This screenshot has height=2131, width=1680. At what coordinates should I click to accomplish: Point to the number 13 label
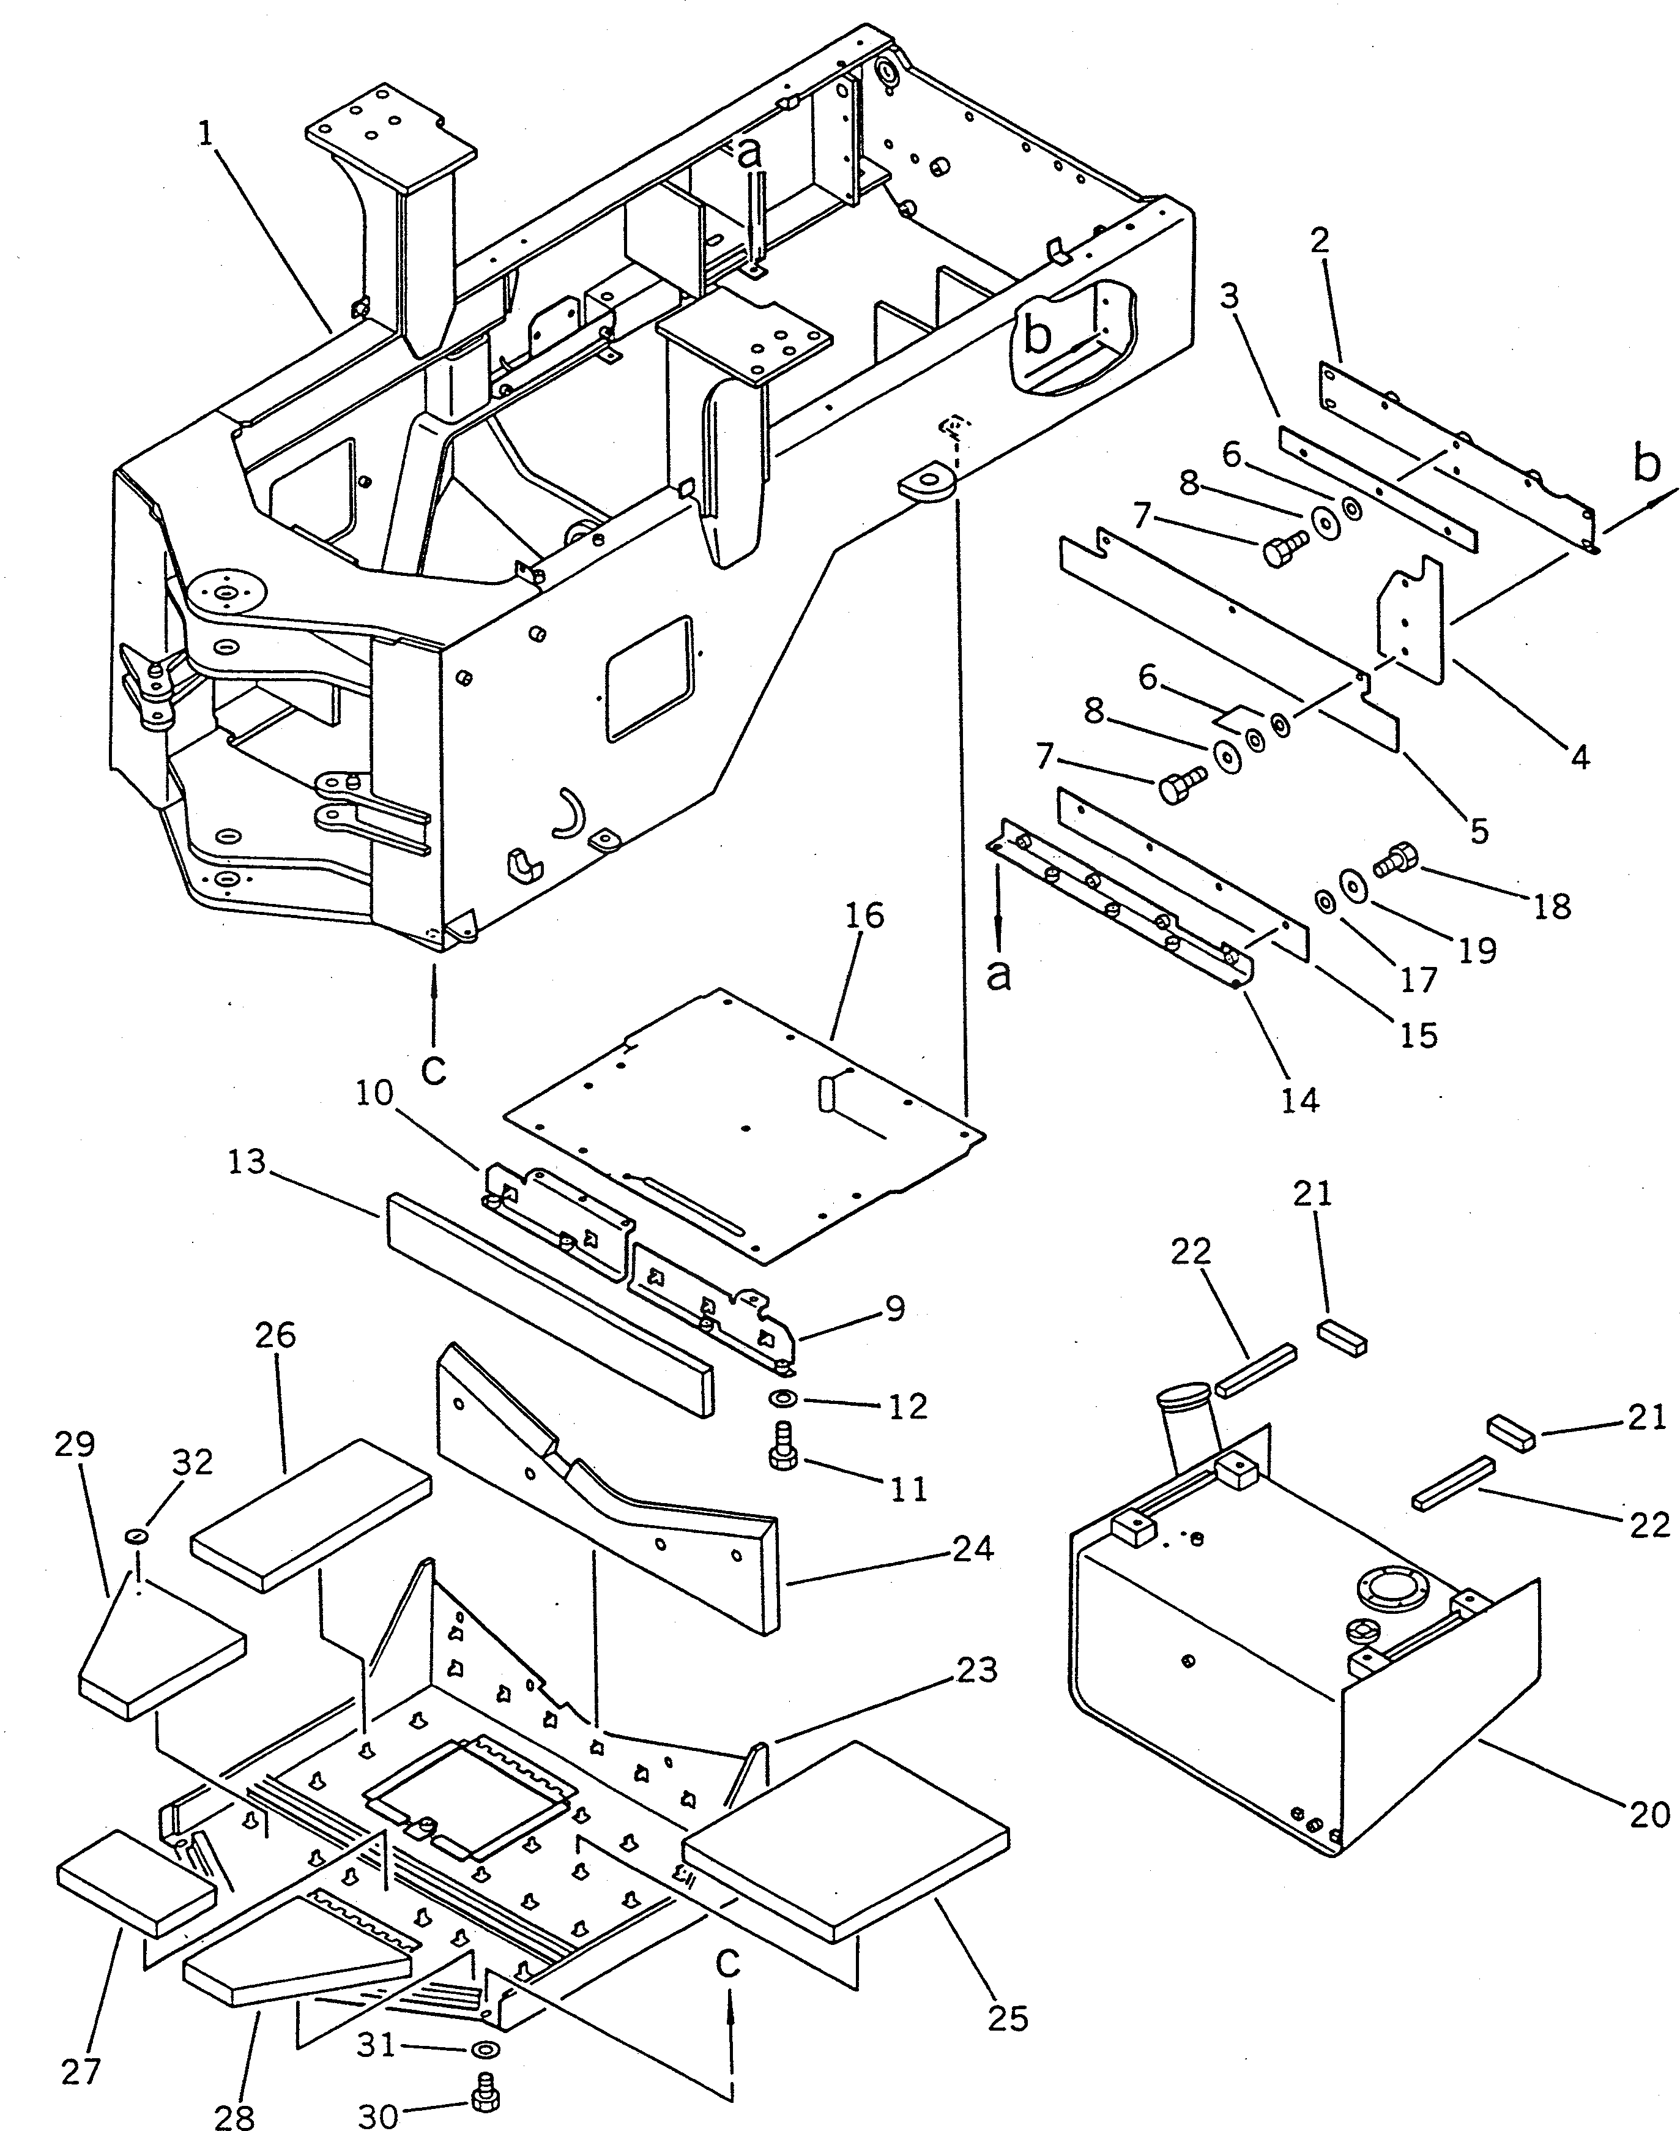coord(247,1162)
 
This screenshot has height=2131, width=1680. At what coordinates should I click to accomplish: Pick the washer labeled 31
coord(485,2050)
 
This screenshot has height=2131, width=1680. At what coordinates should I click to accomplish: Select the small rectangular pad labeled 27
coord(136,1882)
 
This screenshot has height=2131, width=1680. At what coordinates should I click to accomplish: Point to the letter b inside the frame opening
coord(1038,335)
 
